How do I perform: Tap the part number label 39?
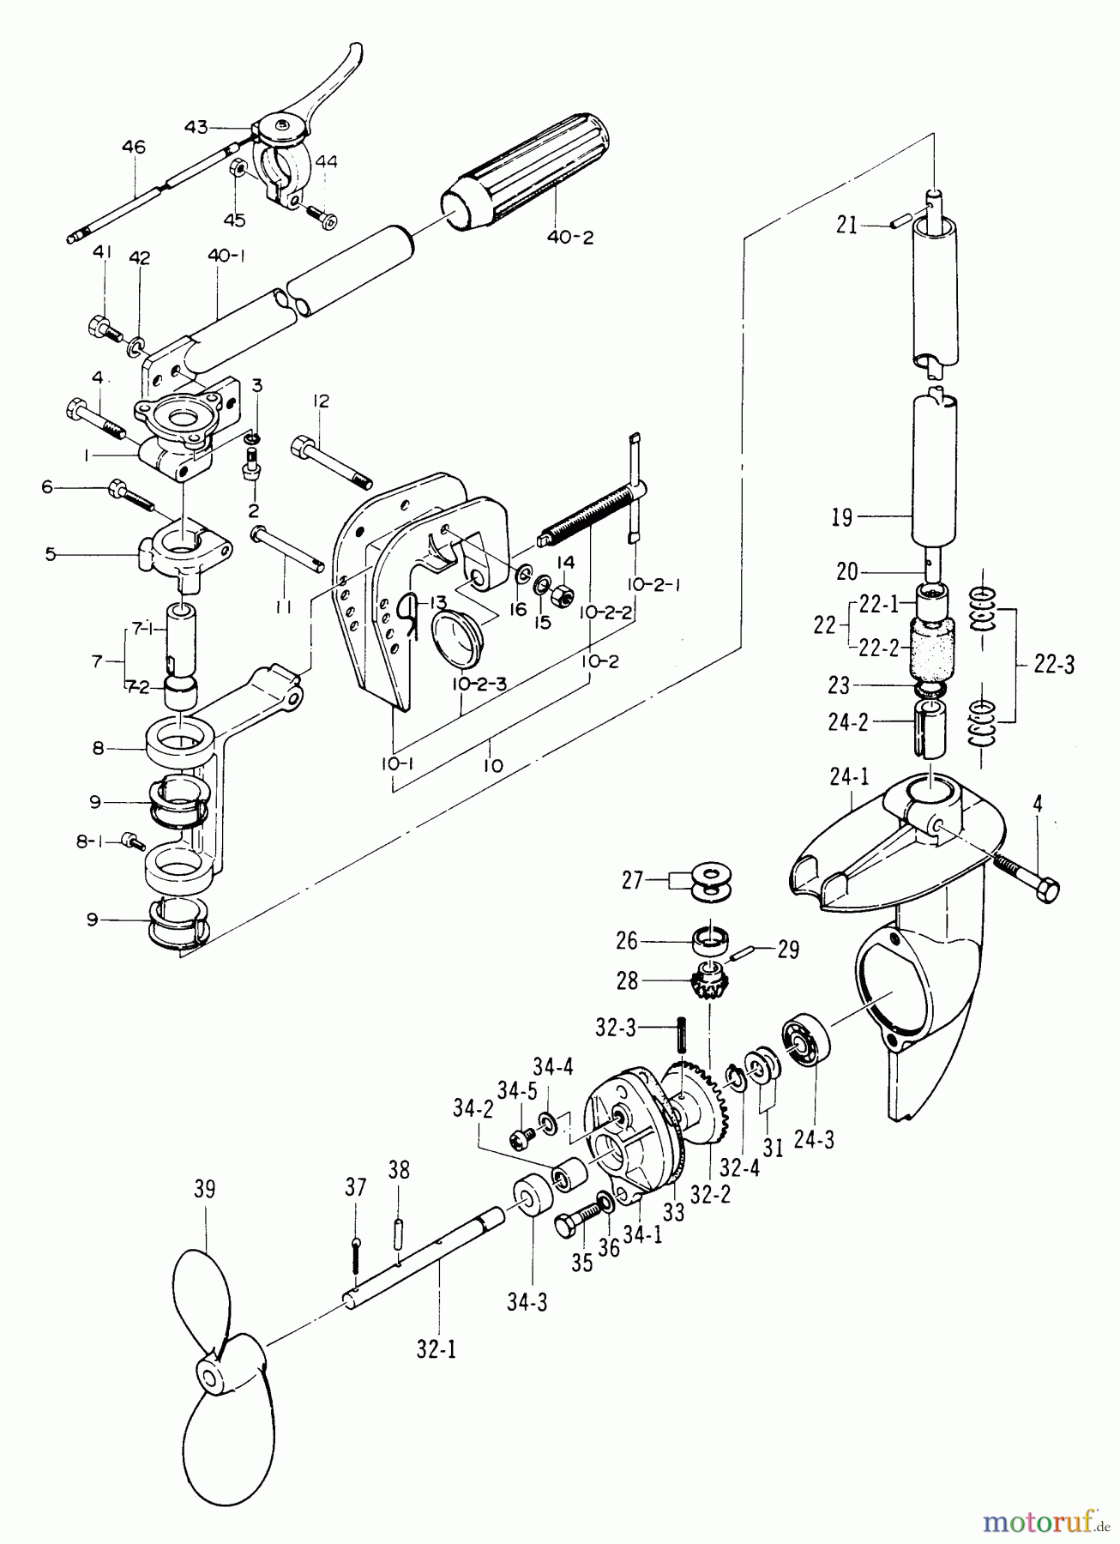(x=204, y=1189)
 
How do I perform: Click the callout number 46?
(x=133, y=147)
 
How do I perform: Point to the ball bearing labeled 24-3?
(x=804, y=1040)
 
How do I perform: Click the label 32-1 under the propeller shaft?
(x=437, y=1348)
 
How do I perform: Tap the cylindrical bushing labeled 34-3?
(x=527, y=1198)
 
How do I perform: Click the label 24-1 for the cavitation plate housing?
(x=847, y=779)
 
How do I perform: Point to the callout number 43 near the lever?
(x=196, y=126)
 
